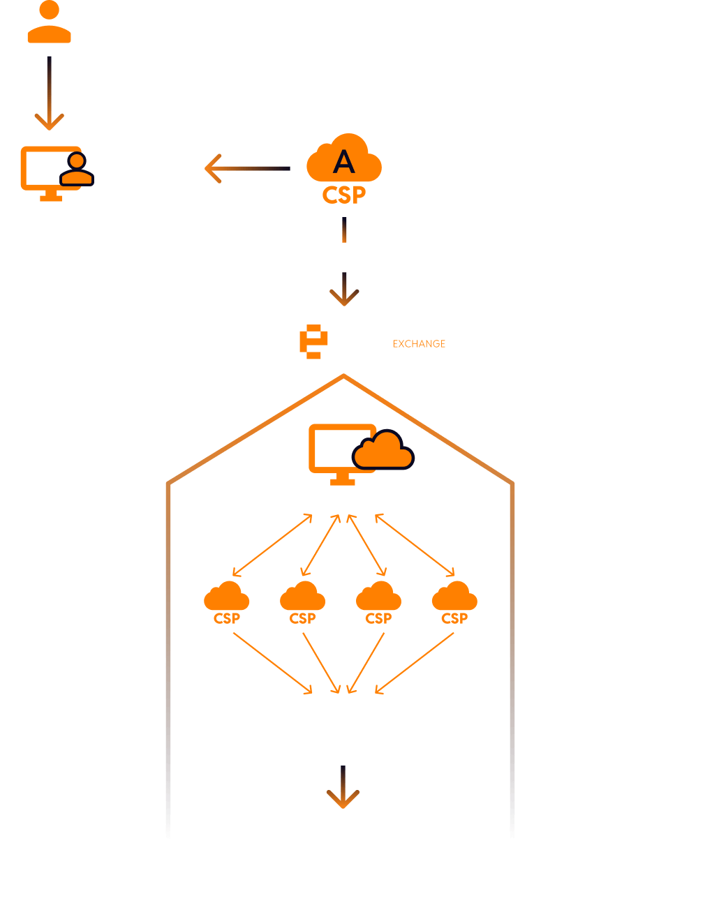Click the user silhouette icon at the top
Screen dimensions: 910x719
coord(49,22)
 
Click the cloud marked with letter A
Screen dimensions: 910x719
coord(343,163)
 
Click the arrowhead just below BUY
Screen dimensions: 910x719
coord(344,296)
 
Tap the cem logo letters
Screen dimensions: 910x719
coord(324,342)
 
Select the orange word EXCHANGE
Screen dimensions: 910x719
coord(419,344)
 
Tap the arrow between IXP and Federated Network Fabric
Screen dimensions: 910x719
coord(343,789)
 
